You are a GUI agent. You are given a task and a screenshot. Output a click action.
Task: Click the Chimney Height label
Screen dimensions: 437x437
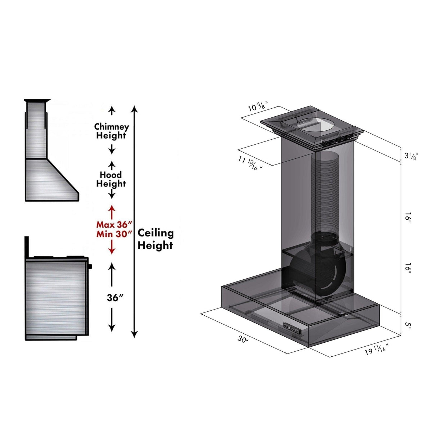point(111,131)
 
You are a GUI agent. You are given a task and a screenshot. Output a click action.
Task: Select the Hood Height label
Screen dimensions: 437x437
point(111,179)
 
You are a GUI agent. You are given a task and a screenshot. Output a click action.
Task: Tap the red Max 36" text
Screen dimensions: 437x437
point(112,225)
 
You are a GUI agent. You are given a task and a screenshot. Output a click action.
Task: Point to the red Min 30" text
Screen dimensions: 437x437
point(112,234)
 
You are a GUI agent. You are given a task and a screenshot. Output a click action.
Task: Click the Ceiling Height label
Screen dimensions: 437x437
point(155,239)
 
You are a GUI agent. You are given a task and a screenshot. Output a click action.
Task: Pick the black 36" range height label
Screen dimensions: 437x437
point(115,298)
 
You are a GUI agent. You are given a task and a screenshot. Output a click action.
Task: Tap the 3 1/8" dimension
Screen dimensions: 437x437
point(410,156)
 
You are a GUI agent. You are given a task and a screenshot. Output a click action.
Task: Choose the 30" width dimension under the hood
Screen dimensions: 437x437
point(243,339)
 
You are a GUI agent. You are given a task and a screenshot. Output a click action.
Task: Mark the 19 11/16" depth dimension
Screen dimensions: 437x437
point(377,350)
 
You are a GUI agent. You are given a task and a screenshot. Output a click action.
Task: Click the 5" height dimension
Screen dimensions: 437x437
point(408,325)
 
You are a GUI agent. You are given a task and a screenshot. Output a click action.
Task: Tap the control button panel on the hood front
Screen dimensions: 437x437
point(292,328)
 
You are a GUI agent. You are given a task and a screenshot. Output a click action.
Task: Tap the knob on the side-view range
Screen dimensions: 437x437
point(90,266)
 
